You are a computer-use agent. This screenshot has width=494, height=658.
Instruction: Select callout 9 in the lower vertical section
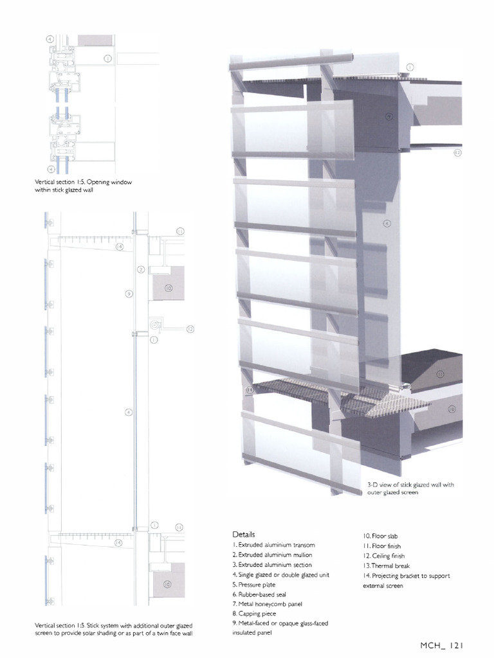tap(129, 294)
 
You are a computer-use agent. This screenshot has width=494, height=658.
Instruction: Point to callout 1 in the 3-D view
tap(410, 67)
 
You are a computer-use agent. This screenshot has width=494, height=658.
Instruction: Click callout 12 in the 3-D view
tap(457, 153)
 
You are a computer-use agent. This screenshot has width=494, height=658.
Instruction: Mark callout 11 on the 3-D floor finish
tap(441, 373)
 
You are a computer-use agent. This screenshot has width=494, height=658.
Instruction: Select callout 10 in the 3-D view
tap(452, 409)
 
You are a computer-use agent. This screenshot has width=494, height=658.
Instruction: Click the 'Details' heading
tap(244, 534)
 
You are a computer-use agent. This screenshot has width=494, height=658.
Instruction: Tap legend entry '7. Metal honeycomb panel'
tap(267, 605)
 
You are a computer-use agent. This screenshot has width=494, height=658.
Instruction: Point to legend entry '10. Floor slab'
tap(381, 535)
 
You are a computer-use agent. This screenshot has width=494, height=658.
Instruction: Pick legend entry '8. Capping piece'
tap(255, 614)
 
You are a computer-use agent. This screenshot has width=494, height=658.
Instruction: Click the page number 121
tap(456, 645)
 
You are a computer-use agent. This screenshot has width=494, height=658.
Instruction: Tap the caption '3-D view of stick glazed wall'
tap(410, 485)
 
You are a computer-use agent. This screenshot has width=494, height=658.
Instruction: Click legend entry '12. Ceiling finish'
tap(384, 555)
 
